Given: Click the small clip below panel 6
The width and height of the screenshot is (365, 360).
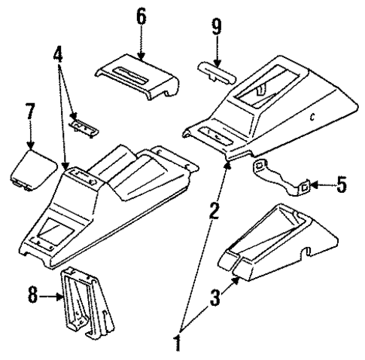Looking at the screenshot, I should point(84,124).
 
